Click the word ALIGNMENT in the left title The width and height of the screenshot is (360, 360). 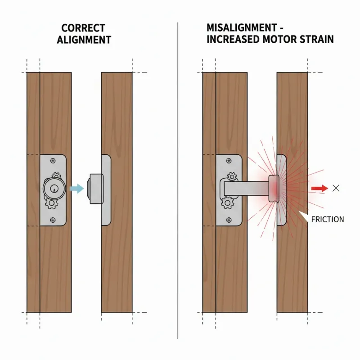click(84, 40)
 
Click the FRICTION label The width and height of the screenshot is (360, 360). click(328, 219)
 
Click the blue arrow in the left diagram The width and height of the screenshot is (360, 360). click(77, 189)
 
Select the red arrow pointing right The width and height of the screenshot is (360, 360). click(319, 189)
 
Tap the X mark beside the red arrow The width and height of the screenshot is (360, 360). click(335, 189)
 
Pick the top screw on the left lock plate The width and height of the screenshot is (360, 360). click(54, 161)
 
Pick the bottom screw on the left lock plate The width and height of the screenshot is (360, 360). click(54, 220)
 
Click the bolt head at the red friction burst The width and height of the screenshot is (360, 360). click(274, 189)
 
